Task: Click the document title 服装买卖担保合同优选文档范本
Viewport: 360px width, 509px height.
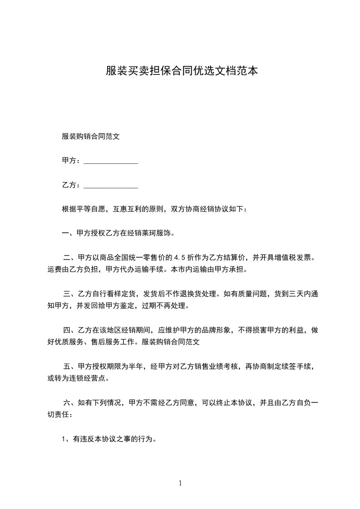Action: (182, 71)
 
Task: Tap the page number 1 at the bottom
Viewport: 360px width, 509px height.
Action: (180, 484)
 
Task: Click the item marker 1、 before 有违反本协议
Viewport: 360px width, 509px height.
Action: (66, 439)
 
